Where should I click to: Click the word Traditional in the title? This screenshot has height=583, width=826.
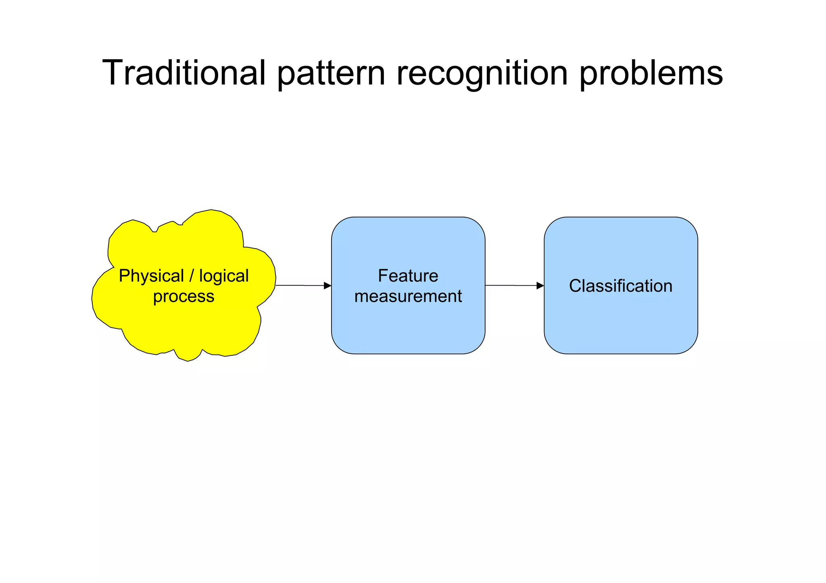click(x=184, y=73)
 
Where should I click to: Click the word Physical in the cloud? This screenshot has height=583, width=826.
click(x=151, y=276)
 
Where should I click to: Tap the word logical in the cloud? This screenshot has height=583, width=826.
click(x=224, y=276)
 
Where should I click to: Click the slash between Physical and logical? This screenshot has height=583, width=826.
click(x=192, y=276)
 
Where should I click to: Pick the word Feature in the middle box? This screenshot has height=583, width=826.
click(x=408, y=276)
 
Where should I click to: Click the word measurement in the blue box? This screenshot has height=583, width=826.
click(x=408, y=297)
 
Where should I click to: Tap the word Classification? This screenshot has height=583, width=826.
click(x=620, y=286)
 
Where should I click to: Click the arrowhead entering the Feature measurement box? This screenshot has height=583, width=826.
click(x=327, y=286)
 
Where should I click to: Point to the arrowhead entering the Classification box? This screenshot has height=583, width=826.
click(x=540, y=286)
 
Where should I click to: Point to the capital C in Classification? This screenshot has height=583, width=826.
click(x=575, y=286)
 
